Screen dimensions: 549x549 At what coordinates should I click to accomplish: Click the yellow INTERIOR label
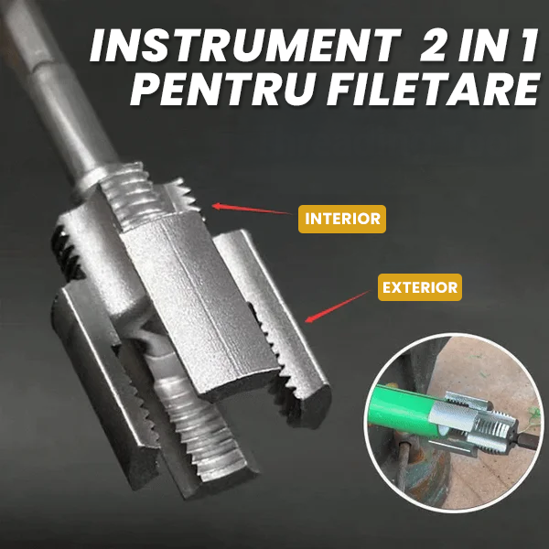click(340, 219)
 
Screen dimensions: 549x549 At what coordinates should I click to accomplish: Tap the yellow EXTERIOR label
click(419, 288)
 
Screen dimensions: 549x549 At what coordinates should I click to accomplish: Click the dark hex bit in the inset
click(522, 437)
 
